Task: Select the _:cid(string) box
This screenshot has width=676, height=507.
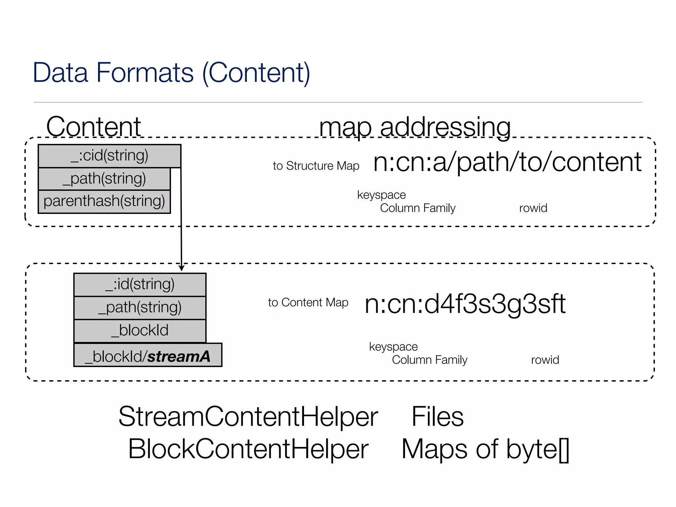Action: point(109,156)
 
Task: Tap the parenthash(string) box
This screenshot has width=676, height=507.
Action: point(104,201)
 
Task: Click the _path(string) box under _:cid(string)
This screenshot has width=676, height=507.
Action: point(104,179)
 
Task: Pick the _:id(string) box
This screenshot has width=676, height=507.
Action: point(140,285)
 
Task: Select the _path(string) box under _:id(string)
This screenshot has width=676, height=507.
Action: point(140,308)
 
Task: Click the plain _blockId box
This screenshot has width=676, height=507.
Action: point(140,331)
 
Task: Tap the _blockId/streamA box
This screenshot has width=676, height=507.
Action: point(148,355)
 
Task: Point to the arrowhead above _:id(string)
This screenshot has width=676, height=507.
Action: point(181,268)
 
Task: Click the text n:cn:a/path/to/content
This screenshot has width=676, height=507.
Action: point(507,162)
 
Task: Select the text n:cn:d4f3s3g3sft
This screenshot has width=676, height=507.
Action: point(465,304)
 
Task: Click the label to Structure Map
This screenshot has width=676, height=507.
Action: point(316,166)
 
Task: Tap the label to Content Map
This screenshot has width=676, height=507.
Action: point(308,302)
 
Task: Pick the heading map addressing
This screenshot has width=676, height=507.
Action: point(415,127)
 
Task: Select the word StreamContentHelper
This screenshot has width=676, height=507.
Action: point(248,417)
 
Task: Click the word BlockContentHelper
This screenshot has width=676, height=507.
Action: point(248,449)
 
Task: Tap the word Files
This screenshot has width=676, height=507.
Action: point(437,417)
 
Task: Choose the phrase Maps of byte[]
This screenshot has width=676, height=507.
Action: point(485,449)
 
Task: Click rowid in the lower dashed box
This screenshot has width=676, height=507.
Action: point(545,360)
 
